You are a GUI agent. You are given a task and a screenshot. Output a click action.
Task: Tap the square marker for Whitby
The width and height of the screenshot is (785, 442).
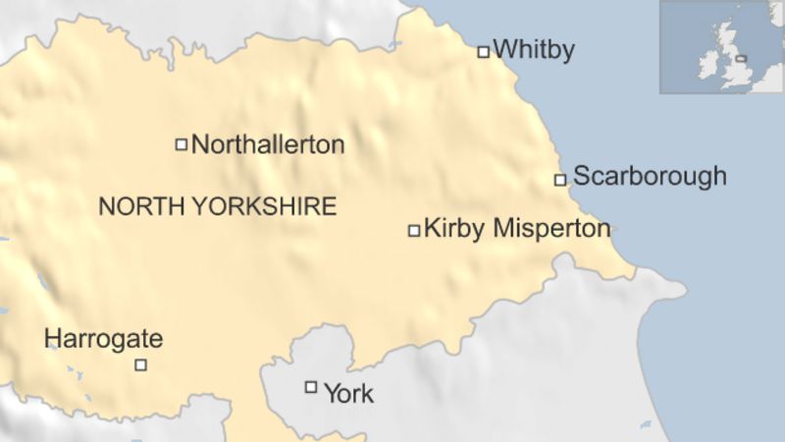pos(483,51)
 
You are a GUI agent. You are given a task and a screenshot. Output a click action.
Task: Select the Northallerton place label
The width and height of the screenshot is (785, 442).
pos(268,144)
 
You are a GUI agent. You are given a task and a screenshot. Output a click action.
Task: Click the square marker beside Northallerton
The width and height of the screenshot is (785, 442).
pos(181,144)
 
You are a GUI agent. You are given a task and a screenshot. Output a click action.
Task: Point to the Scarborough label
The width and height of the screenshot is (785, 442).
pos(650,176)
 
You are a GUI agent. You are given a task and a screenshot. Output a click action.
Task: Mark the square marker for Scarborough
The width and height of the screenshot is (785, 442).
pos(560,180)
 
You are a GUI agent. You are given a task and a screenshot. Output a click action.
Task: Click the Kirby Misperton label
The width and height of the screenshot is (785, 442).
pos(517,229)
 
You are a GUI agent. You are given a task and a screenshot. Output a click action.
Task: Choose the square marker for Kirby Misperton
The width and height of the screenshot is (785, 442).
pos(414,231)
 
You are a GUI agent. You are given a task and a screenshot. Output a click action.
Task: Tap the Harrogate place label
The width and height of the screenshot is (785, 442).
pos(103,340)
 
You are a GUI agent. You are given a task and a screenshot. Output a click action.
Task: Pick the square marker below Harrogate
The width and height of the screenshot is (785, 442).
pos(140,364)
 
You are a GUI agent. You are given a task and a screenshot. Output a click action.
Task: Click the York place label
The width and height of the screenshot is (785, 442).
pos(348,394)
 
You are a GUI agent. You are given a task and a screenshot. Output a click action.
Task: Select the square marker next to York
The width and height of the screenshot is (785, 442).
pos(311,387)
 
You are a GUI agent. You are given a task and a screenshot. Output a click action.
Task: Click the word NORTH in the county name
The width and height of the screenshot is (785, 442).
pos(134,206)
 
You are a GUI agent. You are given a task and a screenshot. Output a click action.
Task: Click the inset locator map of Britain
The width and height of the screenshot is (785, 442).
pos(721,47)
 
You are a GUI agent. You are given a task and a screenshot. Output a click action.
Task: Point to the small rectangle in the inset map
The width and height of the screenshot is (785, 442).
pos(741,58)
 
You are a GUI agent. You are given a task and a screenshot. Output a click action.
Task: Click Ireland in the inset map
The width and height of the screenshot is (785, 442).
pos(707,65)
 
